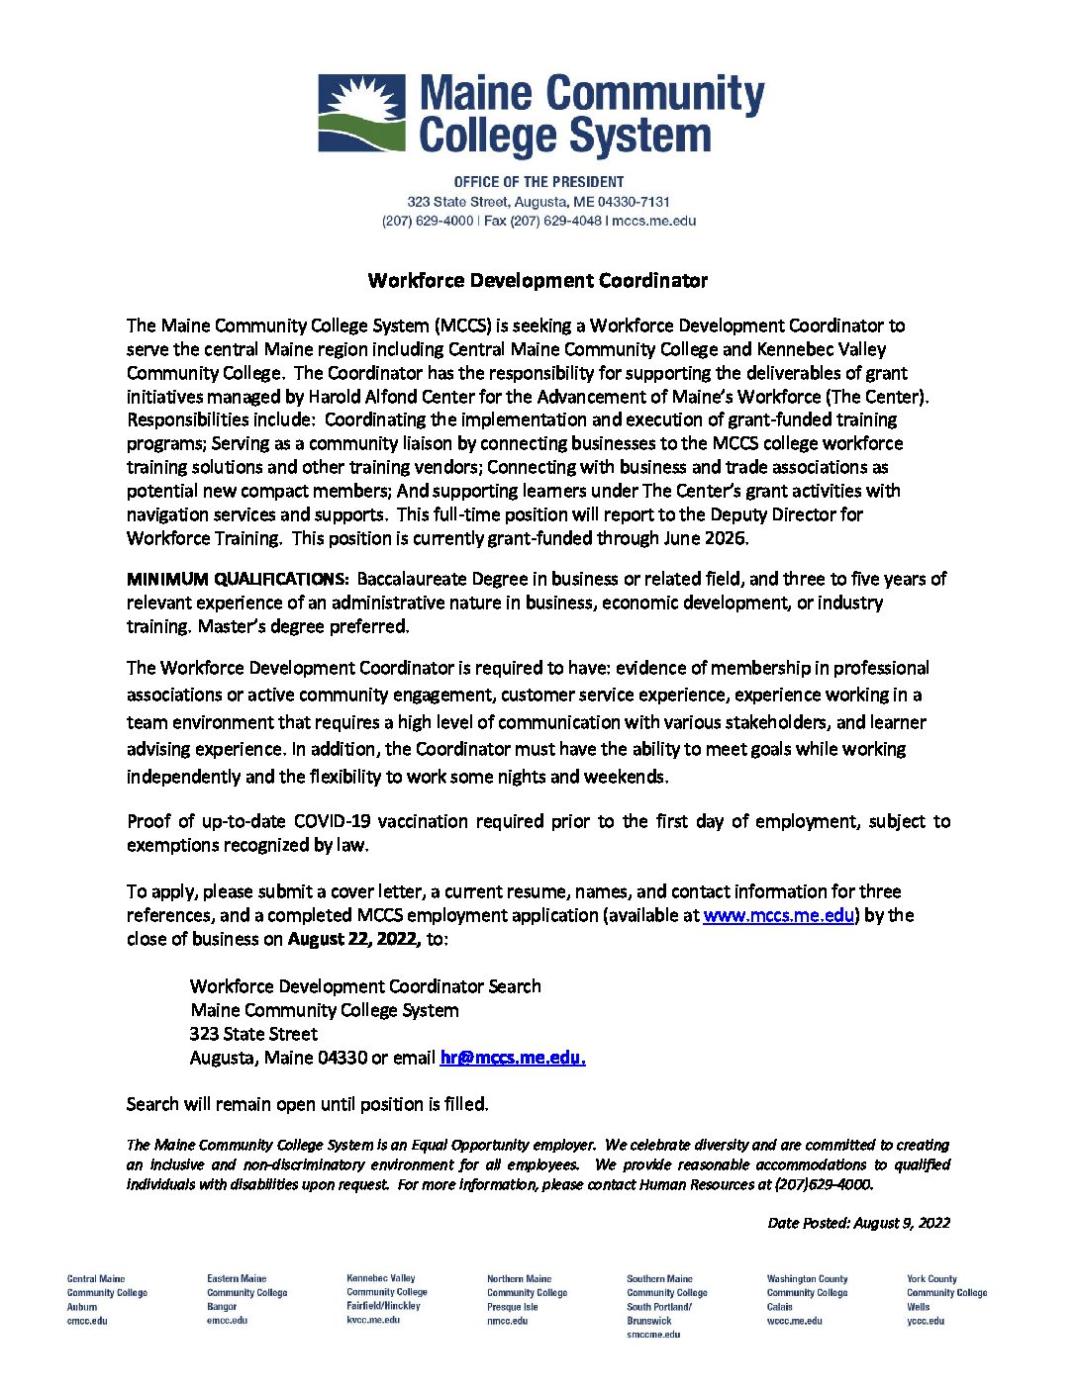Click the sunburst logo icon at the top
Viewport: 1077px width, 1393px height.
tap(361, 113)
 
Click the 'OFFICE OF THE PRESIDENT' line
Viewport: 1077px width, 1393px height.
tap(538, 182)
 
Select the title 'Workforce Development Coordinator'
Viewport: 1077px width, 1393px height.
tap(538, 281)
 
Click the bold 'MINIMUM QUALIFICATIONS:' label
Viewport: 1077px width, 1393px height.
tap(238, 579)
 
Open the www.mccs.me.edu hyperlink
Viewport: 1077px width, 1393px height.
tap(778, 915)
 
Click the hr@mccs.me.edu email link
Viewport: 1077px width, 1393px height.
tap(512, 1058)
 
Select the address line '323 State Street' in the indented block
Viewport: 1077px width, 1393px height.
tap(253, 1034)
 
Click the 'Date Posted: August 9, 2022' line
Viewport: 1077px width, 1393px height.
tap(858, 1223)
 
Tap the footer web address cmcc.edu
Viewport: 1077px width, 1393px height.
tap(87, 1321)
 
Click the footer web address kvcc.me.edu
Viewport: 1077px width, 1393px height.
tap(373, 1320)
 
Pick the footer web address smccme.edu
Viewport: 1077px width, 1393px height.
tap(653, 1335)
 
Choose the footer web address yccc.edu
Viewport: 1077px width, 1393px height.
tap(926, 1321)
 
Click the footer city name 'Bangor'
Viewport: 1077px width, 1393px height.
tap(222, 1307)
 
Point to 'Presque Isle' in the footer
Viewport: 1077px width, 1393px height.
tap(512, 1307)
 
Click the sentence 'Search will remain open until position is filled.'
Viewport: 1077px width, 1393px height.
tap(307, 1104)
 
